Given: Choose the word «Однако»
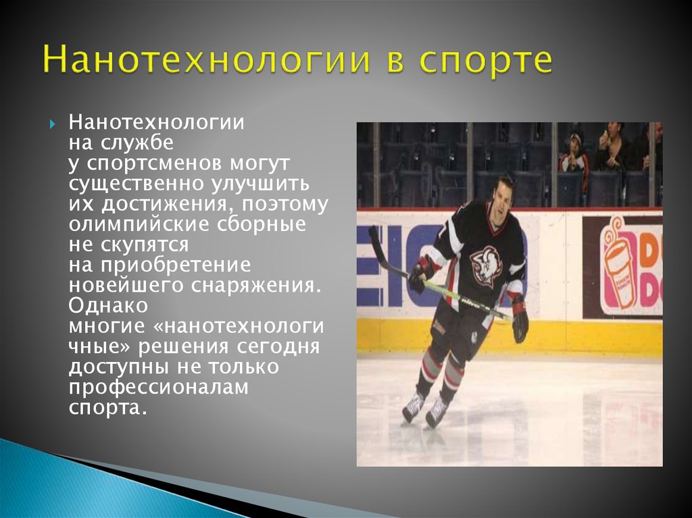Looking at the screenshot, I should coord(108,305).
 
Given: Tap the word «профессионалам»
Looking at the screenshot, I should coord(158,388).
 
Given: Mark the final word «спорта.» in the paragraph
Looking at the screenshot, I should coord(107,408).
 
